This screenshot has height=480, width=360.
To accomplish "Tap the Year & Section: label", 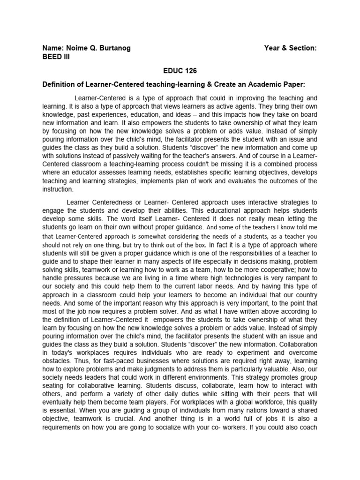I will [x=291, y=48].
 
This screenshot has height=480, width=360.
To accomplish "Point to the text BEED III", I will [x=56, y=57].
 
